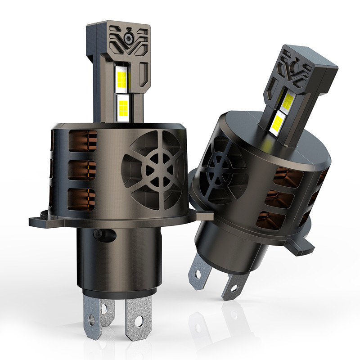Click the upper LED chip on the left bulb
pos(122,78)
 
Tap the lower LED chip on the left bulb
pos(122,106)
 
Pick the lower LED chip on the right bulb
pos(278,121)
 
